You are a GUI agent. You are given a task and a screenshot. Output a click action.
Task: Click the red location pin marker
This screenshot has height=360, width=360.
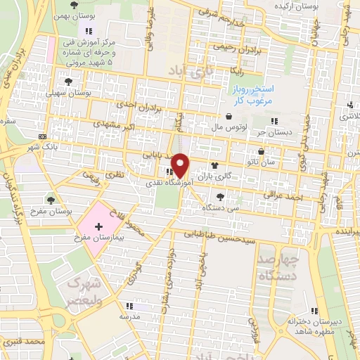click(x=181, y=165)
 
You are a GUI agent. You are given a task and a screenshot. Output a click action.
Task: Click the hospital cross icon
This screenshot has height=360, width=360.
click(x=98, y=226)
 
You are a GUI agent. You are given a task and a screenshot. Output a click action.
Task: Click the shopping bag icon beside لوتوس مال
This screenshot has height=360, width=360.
click(x=229, y=117)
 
